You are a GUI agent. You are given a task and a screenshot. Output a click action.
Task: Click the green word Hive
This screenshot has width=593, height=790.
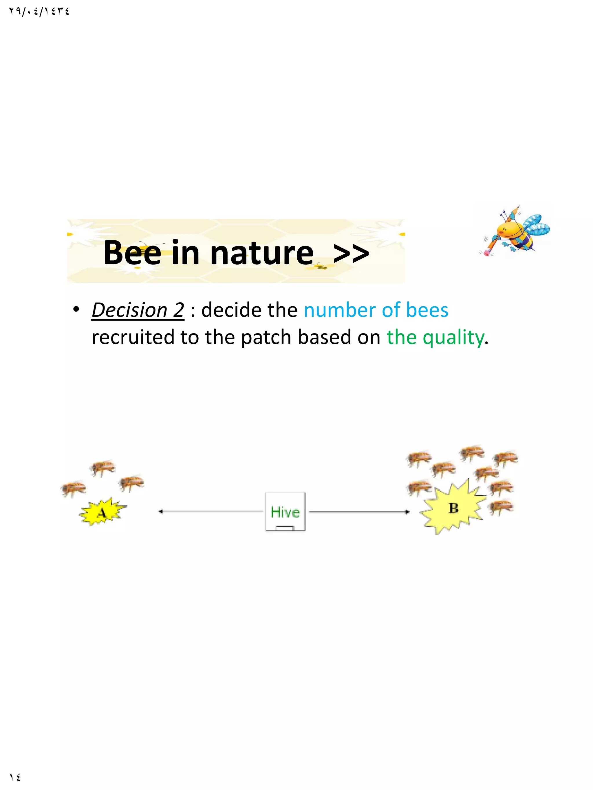point(285,512)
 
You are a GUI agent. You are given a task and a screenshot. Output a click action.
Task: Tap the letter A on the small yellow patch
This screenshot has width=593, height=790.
point(102,513)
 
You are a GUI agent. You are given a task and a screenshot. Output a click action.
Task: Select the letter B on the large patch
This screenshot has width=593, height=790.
point(453,508)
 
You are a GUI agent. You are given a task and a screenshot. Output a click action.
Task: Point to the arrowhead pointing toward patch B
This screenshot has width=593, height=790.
point(407,512)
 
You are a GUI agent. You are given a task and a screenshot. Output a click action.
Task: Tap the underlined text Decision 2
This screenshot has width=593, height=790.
point(138,310)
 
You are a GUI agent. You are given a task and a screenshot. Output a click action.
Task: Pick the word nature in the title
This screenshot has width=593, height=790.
point(262,253)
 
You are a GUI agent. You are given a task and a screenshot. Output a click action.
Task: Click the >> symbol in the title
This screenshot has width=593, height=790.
point(351,253)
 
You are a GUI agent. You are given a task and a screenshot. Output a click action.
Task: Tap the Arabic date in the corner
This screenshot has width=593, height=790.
point(39,12)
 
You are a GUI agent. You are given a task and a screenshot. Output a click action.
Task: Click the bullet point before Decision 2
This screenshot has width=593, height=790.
point(76,309)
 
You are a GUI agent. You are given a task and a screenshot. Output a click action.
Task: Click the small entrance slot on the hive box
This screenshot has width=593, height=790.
point(285,527)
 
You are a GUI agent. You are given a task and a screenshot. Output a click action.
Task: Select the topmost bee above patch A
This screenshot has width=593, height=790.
point(103,467)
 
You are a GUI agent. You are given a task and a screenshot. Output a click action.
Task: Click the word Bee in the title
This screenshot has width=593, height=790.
point(132,253)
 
